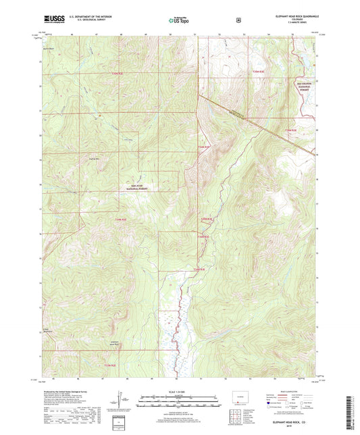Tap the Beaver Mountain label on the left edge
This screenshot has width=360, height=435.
46,330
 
